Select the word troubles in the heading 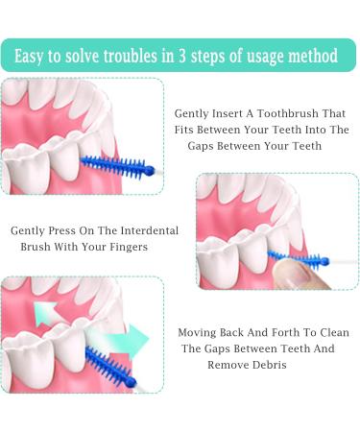pyautogui.click(x=138, y=56)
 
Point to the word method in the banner pyautogui.click(x=311, y=56)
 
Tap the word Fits pyautogui.click(x=189, y=129)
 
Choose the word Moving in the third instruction pyautogui.click(x=201, y=332)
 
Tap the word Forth pyautogui.click(x=285, y=332)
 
